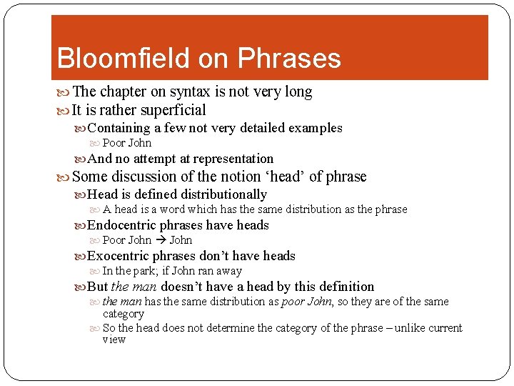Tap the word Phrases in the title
[291, 59]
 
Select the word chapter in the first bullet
[124, 91]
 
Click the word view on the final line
[114, 340]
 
